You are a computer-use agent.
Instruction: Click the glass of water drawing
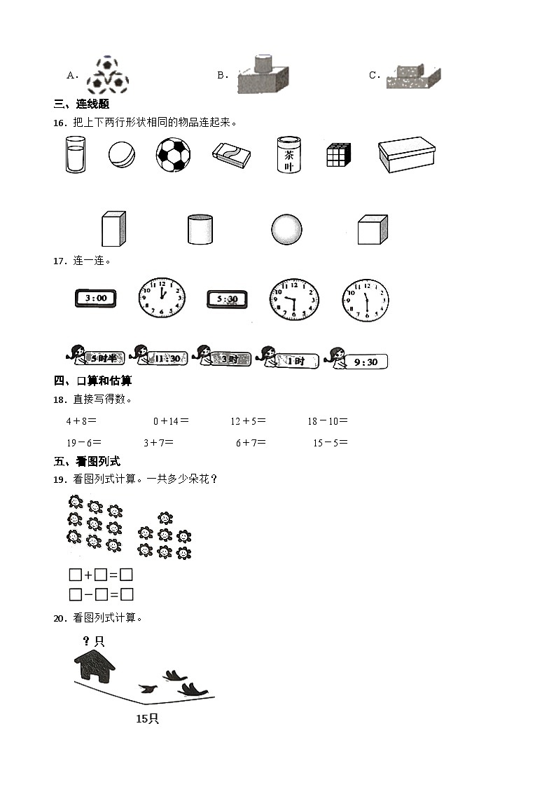(x=75, y=154)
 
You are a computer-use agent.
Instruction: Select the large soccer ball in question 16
(x=173, y=154)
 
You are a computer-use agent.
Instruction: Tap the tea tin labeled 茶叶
(x=289, y=155)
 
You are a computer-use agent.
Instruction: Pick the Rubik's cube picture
(x=338, y=155)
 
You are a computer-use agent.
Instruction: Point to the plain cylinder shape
(x=200, y=229)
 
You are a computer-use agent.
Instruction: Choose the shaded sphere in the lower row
(x=286, y=230)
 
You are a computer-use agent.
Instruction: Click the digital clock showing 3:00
(x=96, y=298)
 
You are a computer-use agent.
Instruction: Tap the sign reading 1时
(x=296, y=361)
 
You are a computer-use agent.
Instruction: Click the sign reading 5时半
(x=106, y=358)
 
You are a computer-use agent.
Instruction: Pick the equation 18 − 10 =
(x=327, y=421)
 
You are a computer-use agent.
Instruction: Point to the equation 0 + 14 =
(x=171, y=421)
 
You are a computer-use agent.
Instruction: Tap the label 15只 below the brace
(x=147, y=718)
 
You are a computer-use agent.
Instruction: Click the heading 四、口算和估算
(x=92, y=381)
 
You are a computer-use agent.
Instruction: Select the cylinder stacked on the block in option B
(x=262, y=63)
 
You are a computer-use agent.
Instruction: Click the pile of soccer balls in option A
(x=109, y=76)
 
